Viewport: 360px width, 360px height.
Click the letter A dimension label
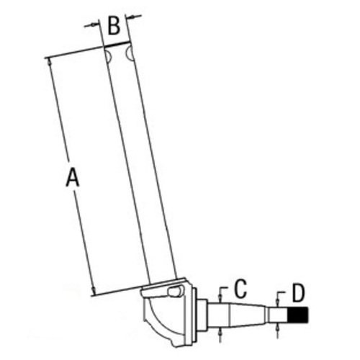(x=72, y=176)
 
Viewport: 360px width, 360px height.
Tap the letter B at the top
(x=114, y=27)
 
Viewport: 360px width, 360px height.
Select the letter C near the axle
(x=240, y=289)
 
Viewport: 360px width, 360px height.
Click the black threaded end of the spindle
(x=299, y=315)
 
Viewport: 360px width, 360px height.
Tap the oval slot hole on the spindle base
(x=173, y=292)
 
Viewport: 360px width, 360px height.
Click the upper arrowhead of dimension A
(x=50, y=63)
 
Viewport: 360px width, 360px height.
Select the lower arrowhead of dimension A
(x=94, y=290)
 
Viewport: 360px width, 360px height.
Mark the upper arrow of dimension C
(x=220, y=297)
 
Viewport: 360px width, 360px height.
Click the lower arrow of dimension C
(x=220, y=330)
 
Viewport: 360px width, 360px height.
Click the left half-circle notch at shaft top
(x=107, y=55)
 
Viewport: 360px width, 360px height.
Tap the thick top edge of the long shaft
(x=118, y=46)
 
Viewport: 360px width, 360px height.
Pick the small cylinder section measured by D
(x=278, y=315)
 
